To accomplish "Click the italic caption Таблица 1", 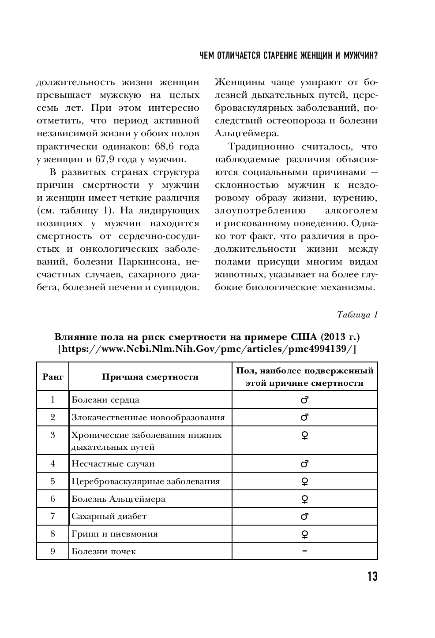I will tap(357, 315).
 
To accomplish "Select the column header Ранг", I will tap(53, 377).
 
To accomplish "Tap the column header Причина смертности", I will tap(150, 377).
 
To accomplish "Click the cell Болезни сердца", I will tap(105, 400).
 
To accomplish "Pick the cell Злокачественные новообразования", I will tap(148, 417).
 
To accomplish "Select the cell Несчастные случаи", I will tap(113, 463).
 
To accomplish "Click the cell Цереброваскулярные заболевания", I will tap(146, 481).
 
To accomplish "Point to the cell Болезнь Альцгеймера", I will tap(118, 499).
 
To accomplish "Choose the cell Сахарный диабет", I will tap(109, 516).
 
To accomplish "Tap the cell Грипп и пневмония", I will tap(115, 534).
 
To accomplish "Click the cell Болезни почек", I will tap(104, 551).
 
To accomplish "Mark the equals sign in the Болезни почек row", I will tap(304, 551).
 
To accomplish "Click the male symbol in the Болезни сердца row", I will tap(304, 400).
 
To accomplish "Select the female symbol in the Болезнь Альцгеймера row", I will tap(304, 499).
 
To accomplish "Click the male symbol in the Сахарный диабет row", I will tap(304, 516).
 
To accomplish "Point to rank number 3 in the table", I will tap(53, 435).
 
